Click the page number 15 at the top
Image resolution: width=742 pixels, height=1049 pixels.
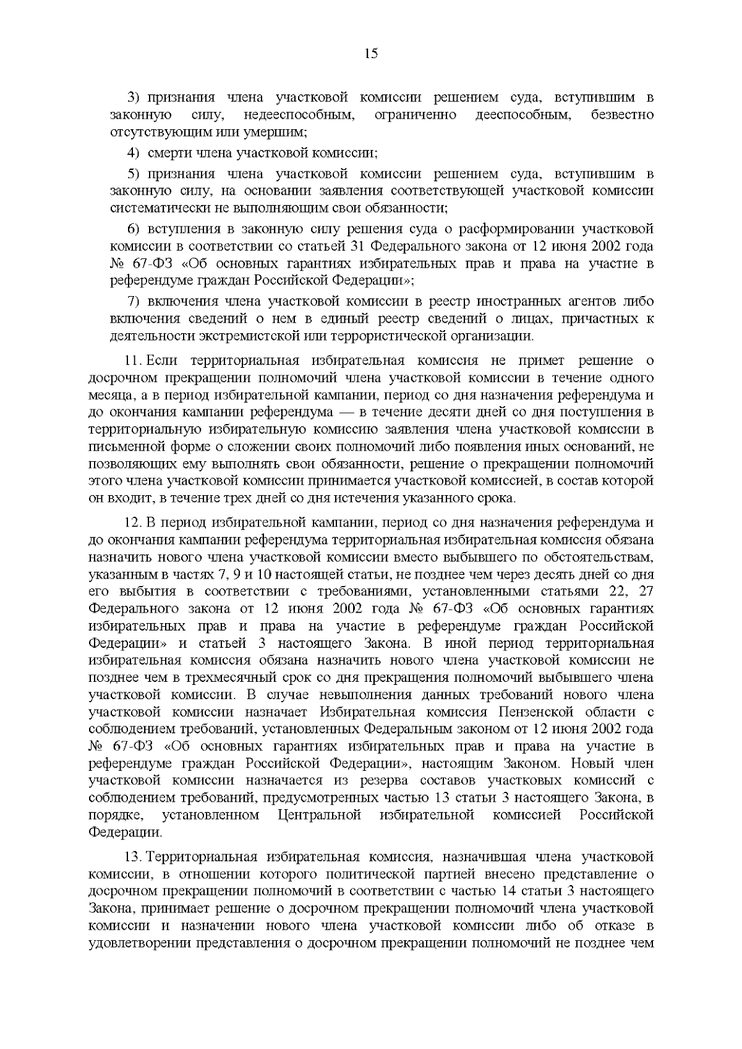point(371,53)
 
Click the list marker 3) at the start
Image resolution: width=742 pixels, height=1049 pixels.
point(134,98)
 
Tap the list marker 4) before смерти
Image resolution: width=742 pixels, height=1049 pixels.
point(134,152)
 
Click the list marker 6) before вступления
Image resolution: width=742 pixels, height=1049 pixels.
point(134,229)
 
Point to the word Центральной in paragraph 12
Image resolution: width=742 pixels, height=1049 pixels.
point(320,815)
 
